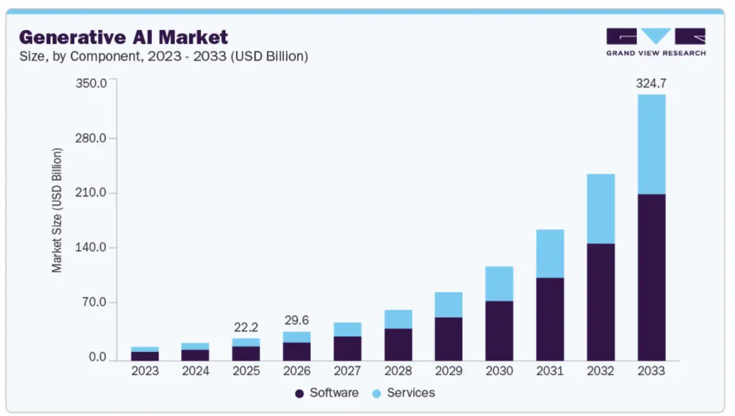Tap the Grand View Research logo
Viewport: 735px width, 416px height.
655,42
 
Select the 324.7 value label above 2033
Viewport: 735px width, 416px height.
651,84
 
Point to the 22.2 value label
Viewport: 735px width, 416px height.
246,327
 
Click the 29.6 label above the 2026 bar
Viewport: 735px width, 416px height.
297,321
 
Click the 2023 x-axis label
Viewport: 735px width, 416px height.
145,371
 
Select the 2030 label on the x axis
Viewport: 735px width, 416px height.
500,371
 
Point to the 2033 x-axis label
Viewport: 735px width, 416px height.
651,371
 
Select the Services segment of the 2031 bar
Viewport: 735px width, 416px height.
550,253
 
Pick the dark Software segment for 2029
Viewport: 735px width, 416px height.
449,338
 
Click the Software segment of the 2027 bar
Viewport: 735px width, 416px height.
348,348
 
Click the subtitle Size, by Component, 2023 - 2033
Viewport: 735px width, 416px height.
163,57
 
